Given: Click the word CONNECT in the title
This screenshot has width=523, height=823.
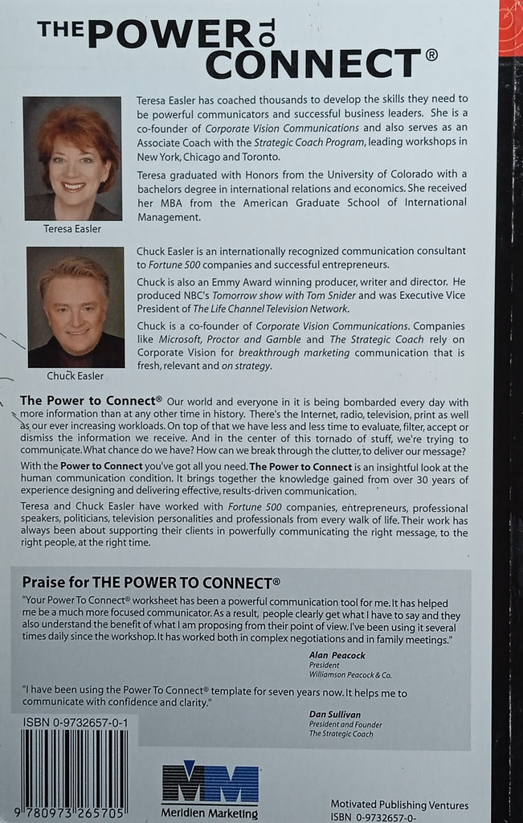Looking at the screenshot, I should pos(313,63).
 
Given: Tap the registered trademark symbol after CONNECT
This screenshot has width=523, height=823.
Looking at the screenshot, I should pos(431,56).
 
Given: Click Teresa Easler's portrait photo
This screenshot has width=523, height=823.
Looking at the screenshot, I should pos(72,158).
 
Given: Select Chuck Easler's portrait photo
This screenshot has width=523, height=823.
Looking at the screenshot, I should pos(76,307).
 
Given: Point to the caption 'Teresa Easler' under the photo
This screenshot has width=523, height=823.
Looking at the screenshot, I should pos(72,228).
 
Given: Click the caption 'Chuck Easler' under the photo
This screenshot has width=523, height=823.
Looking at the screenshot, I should pos(75,375).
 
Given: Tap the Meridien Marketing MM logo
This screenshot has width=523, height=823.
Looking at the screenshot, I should pos(210,782).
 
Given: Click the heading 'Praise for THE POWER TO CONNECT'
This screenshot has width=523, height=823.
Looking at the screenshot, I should pos(151,582).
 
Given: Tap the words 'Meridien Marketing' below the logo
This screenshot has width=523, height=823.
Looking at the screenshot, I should pos(210,813).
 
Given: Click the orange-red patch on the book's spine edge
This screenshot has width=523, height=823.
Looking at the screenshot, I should pos(511,28).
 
